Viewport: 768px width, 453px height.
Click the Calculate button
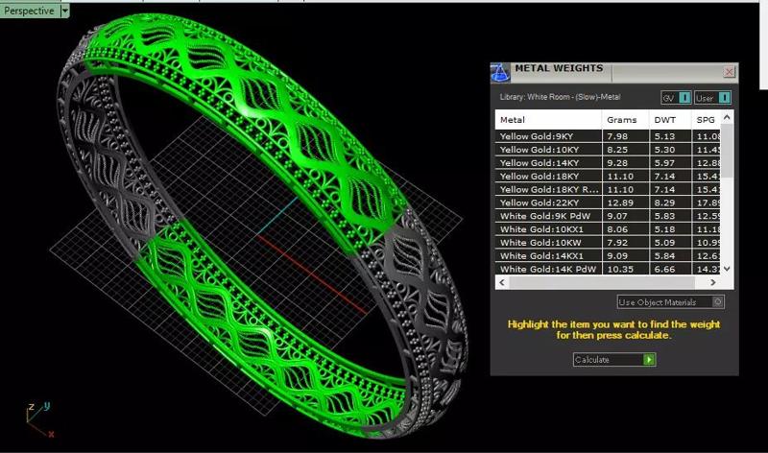(x=613, y=360)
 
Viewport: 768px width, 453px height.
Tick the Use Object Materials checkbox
(x=719, y=302)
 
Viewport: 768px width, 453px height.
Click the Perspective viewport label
(x=29, y=10)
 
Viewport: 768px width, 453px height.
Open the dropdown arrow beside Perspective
(x=65, y=11)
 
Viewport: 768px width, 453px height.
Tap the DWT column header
(x=664, y=120)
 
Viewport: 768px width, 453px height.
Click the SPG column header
(x=706, y=120)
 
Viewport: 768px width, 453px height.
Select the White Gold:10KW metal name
(x=540, y=244)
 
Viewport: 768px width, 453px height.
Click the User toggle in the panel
(x=713, y=97)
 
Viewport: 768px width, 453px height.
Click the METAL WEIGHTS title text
(x=559, y=69)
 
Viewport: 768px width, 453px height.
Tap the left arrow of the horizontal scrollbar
(x=501, y=283)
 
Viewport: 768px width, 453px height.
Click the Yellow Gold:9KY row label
(x=538, y=136)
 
